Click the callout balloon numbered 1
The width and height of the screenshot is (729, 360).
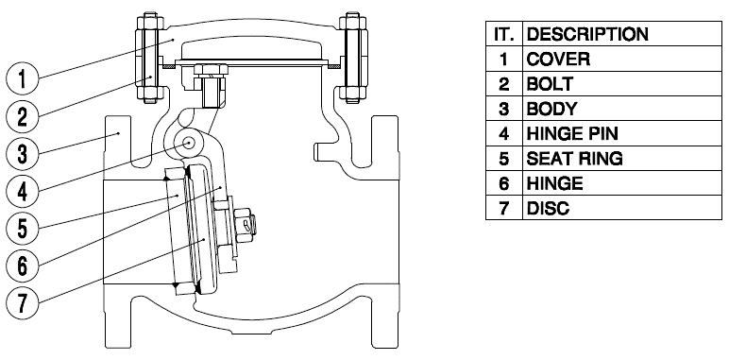(x=23, y=78)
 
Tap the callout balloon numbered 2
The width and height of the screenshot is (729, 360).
(x=23, y=116)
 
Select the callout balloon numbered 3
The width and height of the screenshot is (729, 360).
(x=23, y=153)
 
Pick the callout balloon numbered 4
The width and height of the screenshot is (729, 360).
(x=23, y=191)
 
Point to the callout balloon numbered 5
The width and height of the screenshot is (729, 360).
(x=23, y=229)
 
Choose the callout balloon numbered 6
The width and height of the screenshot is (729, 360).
(x=23, y=266)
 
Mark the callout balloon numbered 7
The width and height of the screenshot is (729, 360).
(x=23, y=302)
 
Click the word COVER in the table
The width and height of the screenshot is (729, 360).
(x=558, y=60)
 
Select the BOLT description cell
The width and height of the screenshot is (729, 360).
(x=622, y=84)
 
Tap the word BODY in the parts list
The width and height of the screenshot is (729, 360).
(x=551, y=109)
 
